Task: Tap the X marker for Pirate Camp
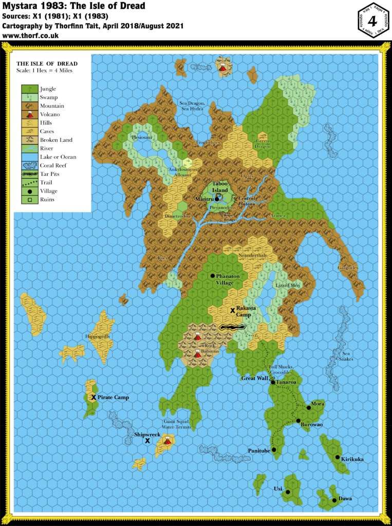click(94, 397)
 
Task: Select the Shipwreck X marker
click(147, 441)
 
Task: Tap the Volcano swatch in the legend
click(29, 115)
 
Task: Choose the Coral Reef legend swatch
click(29, 165)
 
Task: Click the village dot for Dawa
click(334, 500)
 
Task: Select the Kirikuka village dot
click(338, 457)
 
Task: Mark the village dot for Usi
click(288, 492)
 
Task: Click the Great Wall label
click(255, 379)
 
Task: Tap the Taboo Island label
click(220, 186)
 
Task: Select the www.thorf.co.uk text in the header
click(30, 36)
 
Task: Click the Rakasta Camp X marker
click(232, 310)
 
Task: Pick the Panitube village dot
click(274, 449)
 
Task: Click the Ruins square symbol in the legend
click(29, 199)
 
